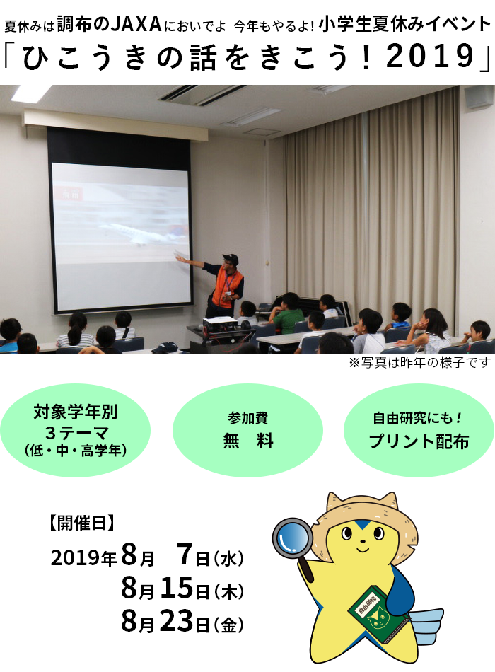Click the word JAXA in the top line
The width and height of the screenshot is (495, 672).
[136, 25]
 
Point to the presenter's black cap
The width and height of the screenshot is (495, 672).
[230, 258]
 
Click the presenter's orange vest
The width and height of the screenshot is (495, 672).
[227, 287]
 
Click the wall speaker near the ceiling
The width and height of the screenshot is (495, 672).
[479, 97]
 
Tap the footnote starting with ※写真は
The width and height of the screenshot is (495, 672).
[419, 363]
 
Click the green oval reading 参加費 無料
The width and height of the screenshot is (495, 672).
[248, 430]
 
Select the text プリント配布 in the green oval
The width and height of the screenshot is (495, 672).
[419, 441]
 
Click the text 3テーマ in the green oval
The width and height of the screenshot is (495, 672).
[76, 433]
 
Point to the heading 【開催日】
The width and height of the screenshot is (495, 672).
[81, 523]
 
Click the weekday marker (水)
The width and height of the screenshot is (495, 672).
[228, 559]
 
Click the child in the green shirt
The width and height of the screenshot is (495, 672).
[288, 314]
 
